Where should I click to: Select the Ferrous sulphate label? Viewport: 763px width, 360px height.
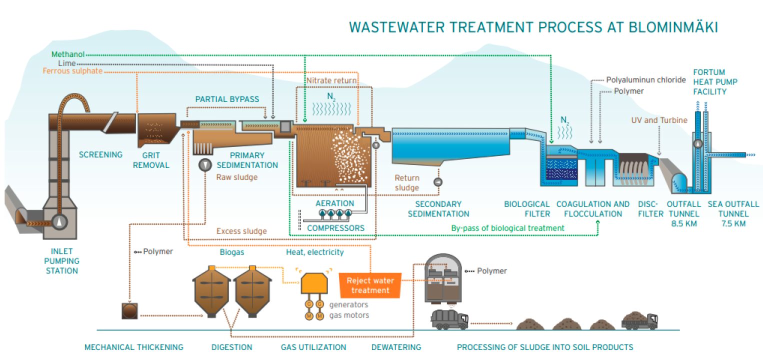[x=72, y=71]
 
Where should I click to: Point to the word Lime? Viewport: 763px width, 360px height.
[x=66, y=63]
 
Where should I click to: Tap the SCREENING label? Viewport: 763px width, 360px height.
[x=100, y=154]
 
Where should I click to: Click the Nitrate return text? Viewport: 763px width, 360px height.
[x=331, y=80]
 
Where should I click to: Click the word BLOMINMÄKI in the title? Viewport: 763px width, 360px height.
[x=665, y=27]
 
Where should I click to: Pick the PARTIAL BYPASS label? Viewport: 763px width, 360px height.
[x=227, y=99]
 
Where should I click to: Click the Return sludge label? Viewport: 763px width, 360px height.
[x=407, y=182]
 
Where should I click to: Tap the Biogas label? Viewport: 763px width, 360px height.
[x=232, y=252]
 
